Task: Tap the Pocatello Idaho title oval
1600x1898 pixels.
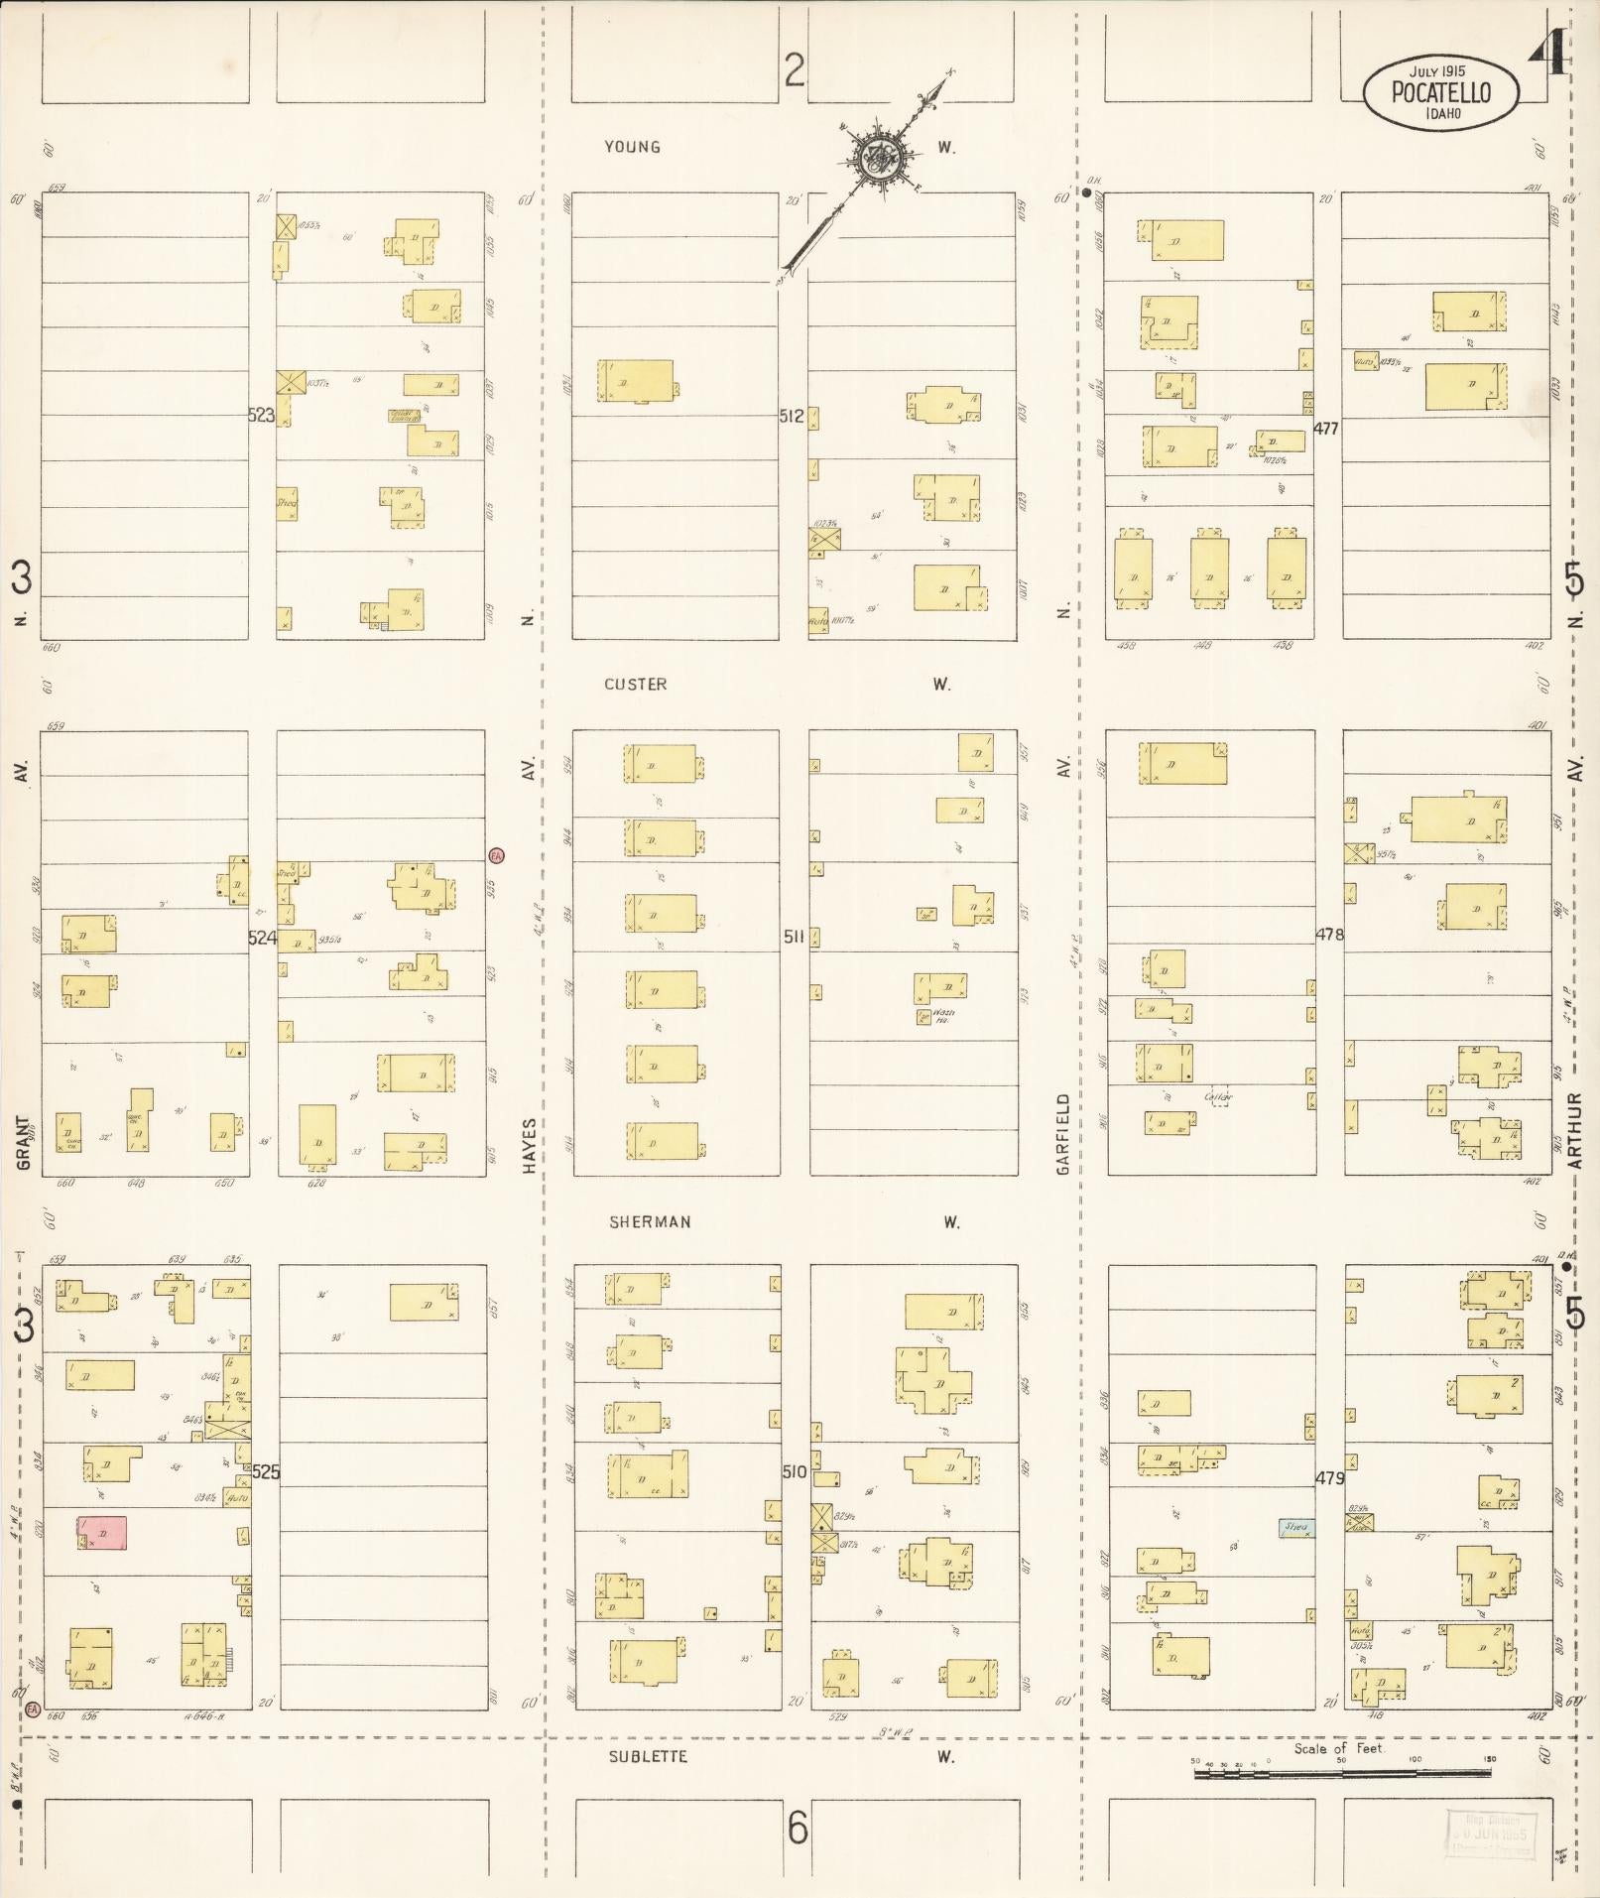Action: point(1441,93)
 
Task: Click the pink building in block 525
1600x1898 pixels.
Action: point(102,1531)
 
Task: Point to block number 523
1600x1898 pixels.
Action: point(261,415)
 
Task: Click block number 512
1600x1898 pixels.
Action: point(792,417)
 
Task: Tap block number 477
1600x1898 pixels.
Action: point(1326,429)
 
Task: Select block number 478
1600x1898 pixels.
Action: point(1329,934)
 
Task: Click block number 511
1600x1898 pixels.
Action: point(794,936)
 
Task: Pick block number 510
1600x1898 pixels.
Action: point(794,1471)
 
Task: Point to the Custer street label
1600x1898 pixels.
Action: point(635,684)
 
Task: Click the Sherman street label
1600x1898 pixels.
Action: point(650,1222)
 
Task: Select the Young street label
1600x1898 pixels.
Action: point(633,147)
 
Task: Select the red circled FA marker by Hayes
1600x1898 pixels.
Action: point(497,855)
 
